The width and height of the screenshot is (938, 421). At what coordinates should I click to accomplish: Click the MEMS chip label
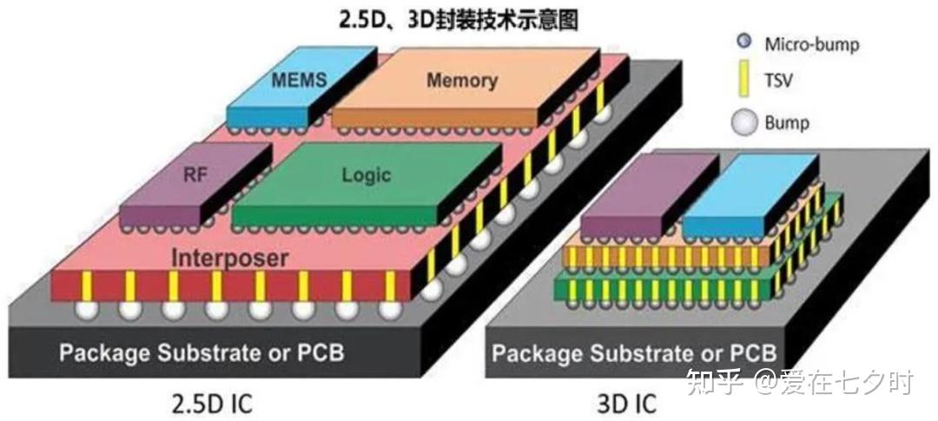point(299,80)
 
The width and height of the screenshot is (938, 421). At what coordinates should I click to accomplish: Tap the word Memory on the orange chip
point(462,80)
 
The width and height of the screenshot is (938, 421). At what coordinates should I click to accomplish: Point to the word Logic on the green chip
point(367,174)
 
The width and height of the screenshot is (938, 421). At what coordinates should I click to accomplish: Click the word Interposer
point(230,259)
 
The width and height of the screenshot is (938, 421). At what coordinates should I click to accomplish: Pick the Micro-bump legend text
point(812,43)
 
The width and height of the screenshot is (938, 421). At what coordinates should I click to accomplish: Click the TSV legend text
point(778,80)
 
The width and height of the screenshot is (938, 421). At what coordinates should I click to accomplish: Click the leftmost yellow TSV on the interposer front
point(87,286)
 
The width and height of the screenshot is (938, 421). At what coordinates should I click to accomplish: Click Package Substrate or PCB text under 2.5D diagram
point(201,352)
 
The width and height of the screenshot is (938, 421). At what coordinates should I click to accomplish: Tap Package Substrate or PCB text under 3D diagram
point(634,352)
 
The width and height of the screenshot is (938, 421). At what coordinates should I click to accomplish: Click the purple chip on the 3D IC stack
point(649,195)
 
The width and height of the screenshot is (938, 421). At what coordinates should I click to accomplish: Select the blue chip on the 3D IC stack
point(750,195)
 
